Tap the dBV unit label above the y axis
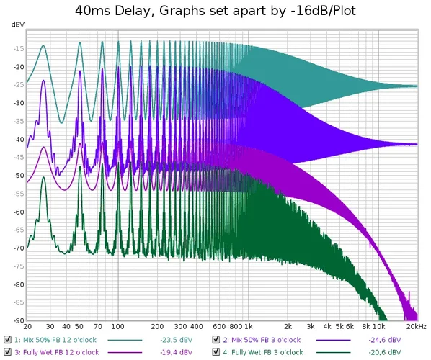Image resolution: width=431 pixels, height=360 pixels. (x=17, y=24)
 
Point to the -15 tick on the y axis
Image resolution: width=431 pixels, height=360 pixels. (x=17, y=49)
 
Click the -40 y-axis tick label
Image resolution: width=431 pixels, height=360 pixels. (x=17, y=140)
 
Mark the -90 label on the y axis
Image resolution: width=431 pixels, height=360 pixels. (x=17, y=320)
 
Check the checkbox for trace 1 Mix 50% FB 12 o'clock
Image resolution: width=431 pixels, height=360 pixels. (x=7, y=339)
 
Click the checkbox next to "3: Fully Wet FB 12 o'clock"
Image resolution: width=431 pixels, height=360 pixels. (x=7, y=351)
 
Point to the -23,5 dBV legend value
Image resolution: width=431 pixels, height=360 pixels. (x=176, y=339)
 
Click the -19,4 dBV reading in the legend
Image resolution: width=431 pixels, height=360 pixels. (x=176, y=351)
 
